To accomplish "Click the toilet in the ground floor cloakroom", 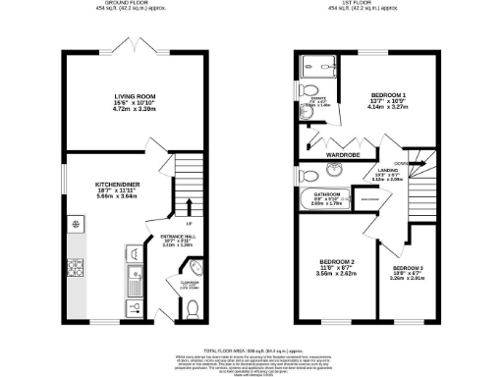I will click(x=192, y=309).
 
